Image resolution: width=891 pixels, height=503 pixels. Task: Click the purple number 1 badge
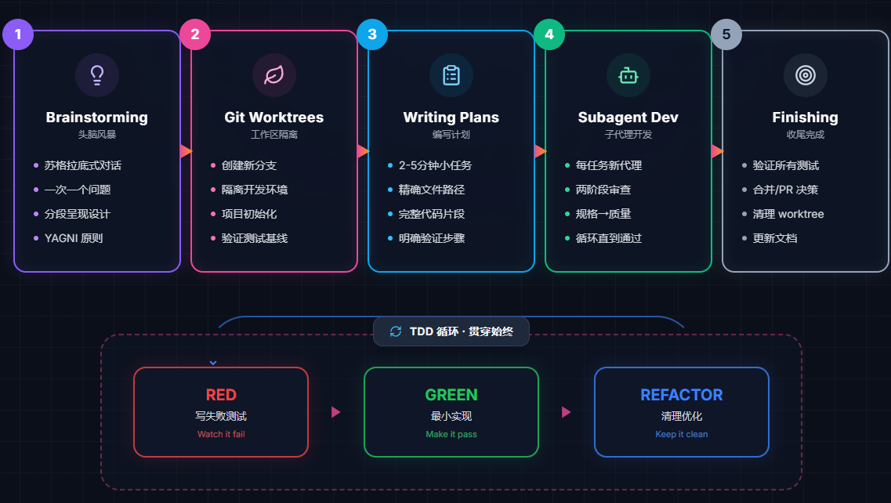[x=18, y=34]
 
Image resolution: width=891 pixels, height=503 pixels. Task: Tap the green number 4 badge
[x=549, y=34]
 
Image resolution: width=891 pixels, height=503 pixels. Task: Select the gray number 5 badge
[x=726, y=34]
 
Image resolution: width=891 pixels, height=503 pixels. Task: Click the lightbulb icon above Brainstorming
[x=97, y=75]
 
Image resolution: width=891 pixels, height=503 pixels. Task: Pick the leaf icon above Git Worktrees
[x=274, y=75]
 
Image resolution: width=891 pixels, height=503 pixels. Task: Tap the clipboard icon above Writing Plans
[x=451, y=75]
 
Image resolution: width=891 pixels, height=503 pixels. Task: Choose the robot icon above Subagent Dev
[x=628, y=75]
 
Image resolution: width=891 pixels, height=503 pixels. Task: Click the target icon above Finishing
[x=806, y=75]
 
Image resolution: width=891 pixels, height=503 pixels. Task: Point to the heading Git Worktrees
[x=274, y=118]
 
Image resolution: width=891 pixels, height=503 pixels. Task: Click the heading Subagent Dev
[x=628, y=118]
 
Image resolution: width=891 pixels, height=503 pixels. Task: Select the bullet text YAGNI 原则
[x=74, y=238]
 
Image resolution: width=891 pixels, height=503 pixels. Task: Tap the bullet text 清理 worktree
[x=788, y=214]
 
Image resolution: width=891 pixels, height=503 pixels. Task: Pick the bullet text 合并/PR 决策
[x=785, y=190]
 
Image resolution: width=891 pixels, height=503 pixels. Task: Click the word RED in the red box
[x=221, y=395]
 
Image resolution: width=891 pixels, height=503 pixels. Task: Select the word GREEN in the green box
[x=451, y=395]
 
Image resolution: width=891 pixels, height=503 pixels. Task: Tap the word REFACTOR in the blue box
[x=682, y=395]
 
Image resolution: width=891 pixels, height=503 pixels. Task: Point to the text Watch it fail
[x=221, y=434]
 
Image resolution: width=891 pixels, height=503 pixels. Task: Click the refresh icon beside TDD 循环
[x=396, y=331]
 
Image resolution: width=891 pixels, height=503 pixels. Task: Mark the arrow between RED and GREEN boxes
[x=335, y=412]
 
